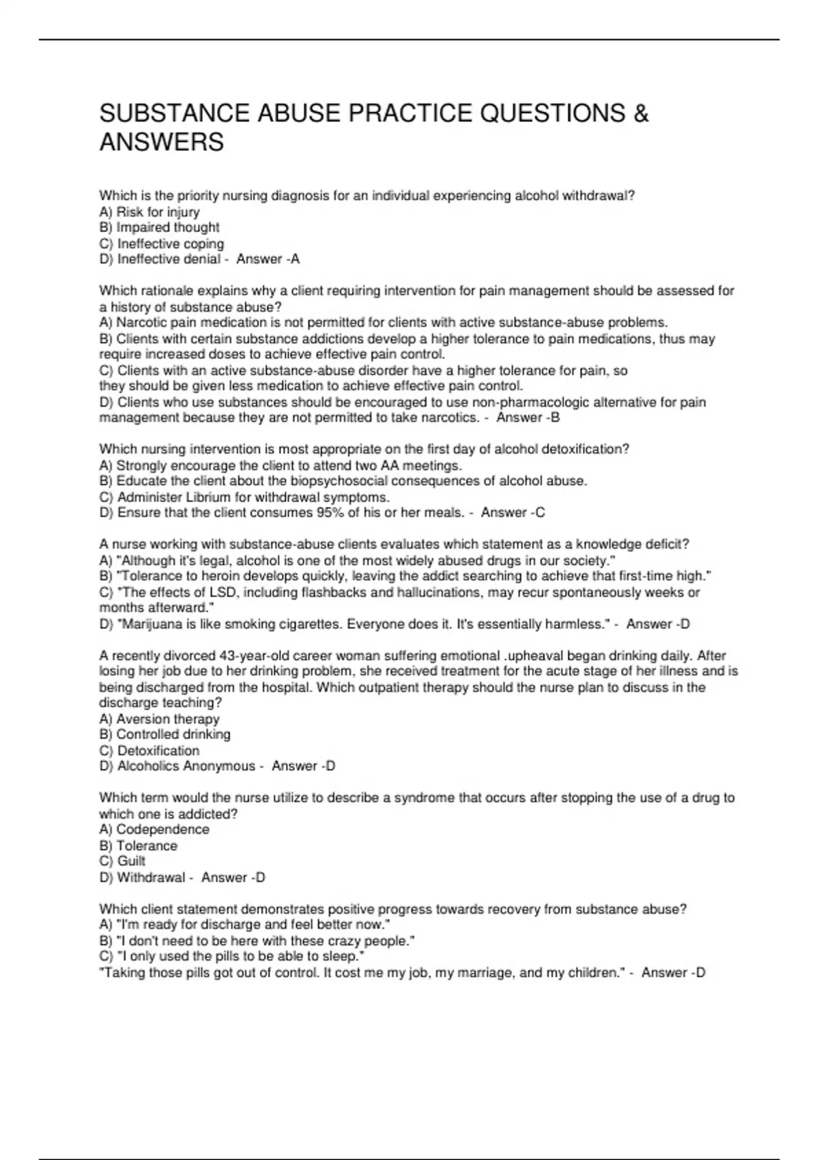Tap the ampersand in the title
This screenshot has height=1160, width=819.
[x=640, y=113]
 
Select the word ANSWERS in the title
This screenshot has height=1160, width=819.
[x=161, y=142]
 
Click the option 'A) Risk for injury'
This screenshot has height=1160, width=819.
[x=149, y=212]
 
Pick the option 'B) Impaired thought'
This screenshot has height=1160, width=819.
[x=159, y=227]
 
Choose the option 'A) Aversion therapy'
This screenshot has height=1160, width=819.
[x=159, y=719]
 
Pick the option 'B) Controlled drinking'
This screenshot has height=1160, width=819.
[x=164, y=734]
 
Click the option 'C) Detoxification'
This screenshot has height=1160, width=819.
[x=149, y=751]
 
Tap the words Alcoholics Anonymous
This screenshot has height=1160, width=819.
[x=186, y=766]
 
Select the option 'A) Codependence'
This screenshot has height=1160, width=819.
[x=154, y=829]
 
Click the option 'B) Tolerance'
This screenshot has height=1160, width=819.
[x=138, y=845]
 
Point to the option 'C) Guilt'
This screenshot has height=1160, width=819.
[x=122, y=861]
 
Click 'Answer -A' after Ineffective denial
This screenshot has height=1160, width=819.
[x=268, y=259]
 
